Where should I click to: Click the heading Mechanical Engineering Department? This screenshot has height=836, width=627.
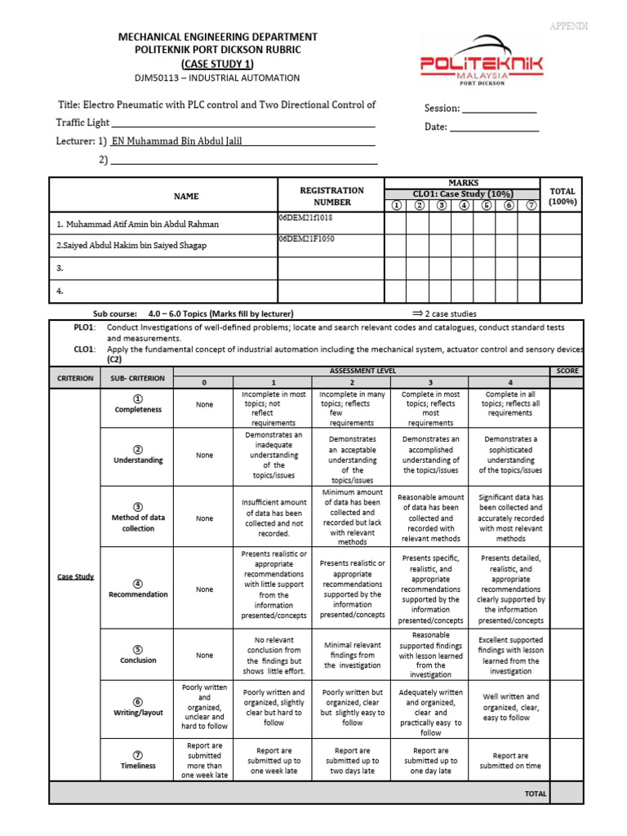coord(218,38)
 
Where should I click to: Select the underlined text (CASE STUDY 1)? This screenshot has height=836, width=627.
coord(217,64)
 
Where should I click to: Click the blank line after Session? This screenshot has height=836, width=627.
coord(499,109)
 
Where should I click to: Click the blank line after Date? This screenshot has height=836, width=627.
coord(494,127)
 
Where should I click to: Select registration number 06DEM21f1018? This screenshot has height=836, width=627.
coord(305,219)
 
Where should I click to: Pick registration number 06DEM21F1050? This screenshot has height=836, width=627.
coord(306,239)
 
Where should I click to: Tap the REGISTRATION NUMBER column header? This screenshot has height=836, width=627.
coord(331,196)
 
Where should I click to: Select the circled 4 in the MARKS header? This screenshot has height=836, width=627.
coord(464,206)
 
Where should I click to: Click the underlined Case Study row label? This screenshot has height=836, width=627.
coord(75,576)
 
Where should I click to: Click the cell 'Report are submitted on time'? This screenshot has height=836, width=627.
coord(510,761)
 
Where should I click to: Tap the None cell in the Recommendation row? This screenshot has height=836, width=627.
coord(204,589)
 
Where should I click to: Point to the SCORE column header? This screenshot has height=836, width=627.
coord(567,371)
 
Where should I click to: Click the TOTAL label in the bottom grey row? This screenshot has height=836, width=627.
coord(535,793)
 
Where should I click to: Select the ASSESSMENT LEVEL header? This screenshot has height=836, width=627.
coord(362,371)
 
